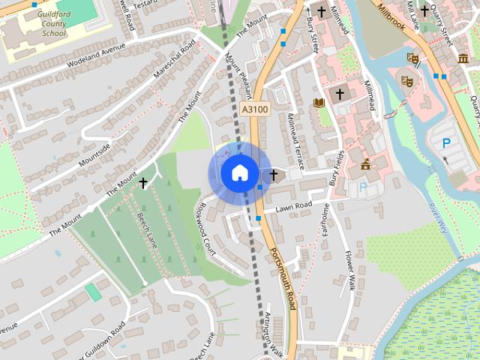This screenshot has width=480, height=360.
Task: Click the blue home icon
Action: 239,173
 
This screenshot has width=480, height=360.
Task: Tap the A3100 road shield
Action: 255,109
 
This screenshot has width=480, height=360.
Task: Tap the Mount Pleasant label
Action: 238,75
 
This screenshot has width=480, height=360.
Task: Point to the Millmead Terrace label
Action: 298,138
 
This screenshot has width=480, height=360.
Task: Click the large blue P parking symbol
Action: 446,142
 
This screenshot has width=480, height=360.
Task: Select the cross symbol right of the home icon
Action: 273,175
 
